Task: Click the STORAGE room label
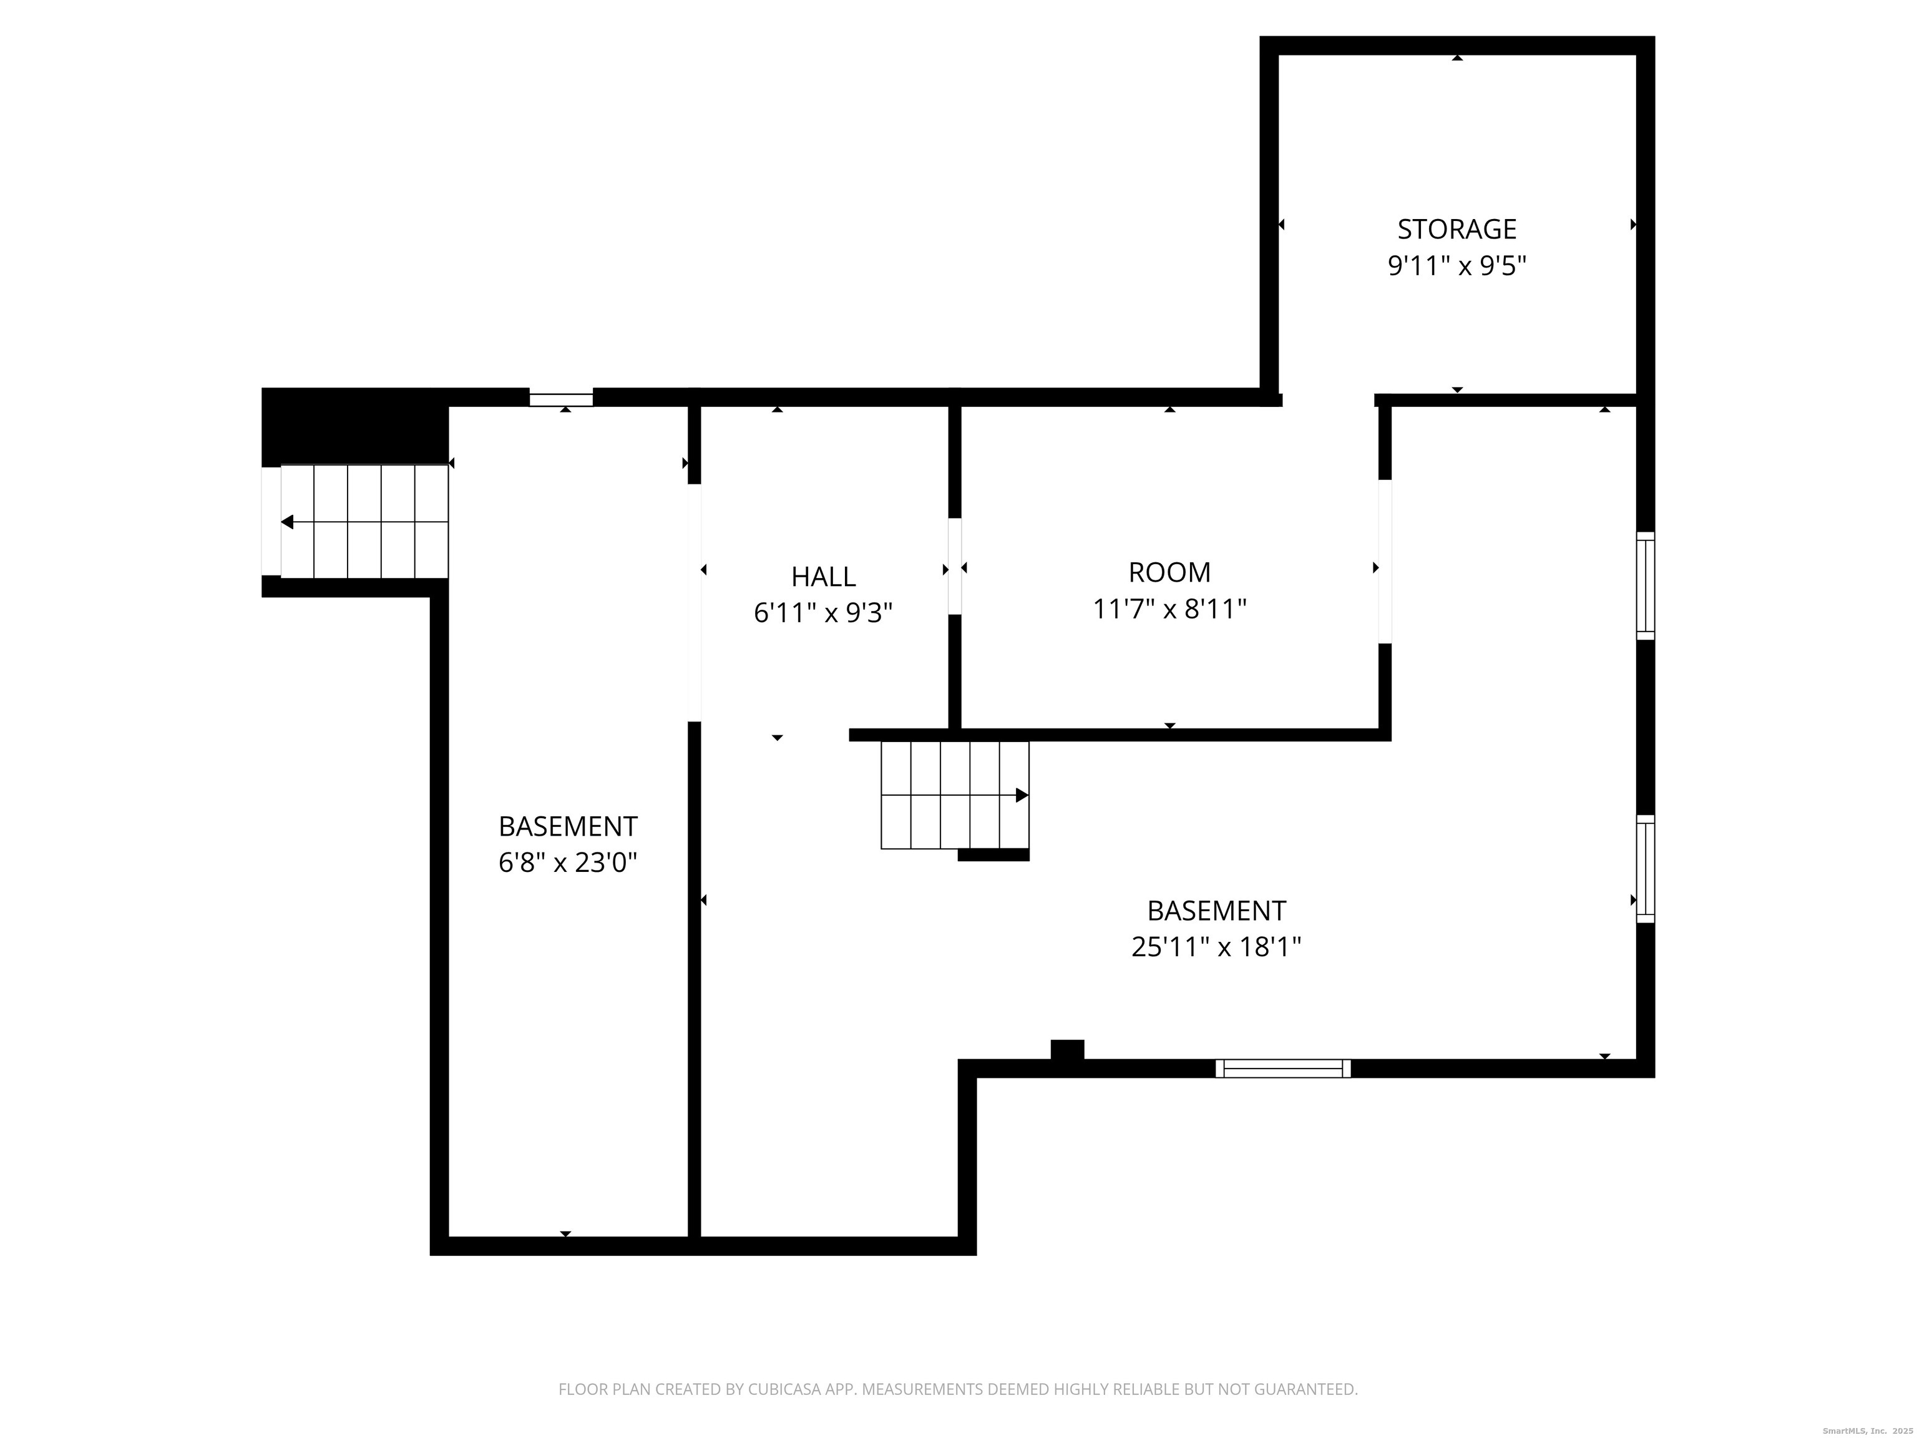pos(1457,229)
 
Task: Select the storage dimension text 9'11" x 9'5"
pos(1457,265)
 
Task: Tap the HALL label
pos(823,577)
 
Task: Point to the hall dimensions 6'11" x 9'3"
pos(823,613)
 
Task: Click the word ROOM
pos(1169,572)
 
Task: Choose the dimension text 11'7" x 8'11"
pos(1169,609)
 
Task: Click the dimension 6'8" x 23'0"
pos(568,863)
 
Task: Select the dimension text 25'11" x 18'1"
pos(1216,947)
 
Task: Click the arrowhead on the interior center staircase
pos(1022,795)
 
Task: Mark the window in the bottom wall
pos(1282,1068)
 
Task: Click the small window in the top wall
pos(562,399)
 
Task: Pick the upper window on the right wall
pos(1645,586)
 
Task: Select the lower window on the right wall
pos(1645,869)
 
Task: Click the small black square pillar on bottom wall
pos(1067,1049)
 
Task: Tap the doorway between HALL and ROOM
pos(955,566)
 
